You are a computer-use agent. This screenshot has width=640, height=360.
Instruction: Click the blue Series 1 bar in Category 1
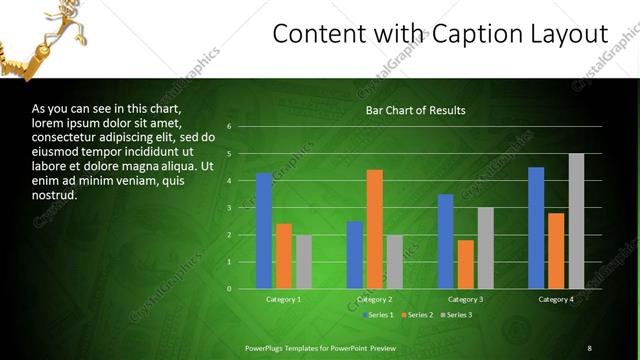point(264,231)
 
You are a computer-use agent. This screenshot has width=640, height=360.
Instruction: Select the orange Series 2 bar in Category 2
point(375,229)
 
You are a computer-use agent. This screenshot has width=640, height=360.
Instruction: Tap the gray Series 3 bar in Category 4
point(576,221)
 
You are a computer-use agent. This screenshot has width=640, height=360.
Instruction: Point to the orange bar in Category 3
point(465,264)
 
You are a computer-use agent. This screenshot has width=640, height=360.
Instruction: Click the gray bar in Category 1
point(303,262)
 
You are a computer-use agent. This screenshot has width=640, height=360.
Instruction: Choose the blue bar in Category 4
point(536,228)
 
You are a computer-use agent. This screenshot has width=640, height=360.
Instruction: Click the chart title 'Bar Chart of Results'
point(415,110)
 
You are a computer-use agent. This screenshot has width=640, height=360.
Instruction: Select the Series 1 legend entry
point(378,315)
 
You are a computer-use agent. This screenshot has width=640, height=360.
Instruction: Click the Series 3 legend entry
point(457,315)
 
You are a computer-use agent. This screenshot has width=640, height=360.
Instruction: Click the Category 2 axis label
point(374,299)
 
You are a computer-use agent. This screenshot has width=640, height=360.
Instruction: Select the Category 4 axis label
point(556,299)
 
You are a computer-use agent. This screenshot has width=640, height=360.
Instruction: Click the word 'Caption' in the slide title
point(478,34)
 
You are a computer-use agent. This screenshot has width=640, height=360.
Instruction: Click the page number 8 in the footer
point(589,347)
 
